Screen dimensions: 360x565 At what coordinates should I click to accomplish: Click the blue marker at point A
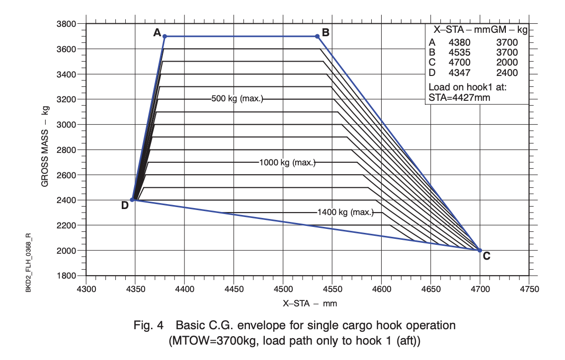[x=164, y=36]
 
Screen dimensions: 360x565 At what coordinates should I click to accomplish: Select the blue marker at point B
[x=317, y=36]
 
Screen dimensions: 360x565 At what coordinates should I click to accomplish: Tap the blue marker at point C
[x=480, y=250]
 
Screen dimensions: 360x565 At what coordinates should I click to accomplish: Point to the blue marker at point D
[x=132, y=200]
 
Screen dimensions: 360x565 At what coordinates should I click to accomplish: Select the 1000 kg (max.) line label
[x=287, y=162]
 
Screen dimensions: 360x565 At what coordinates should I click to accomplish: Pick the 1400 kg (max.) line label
[x=345, y=213]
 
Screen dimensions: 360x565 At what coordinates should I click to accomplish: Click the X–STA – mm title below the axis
[x=307, y=303]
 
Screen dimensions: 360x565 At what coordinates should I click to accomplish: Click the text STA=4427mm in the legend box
[x=459, y=98]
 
